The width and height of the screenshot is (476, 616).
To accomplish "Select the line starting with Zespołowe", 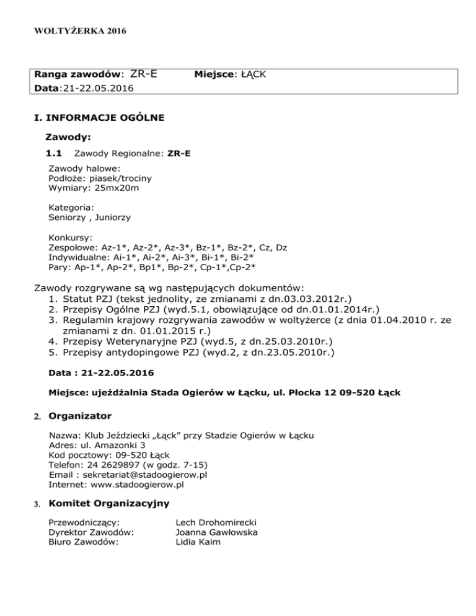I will pos(167,247).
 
